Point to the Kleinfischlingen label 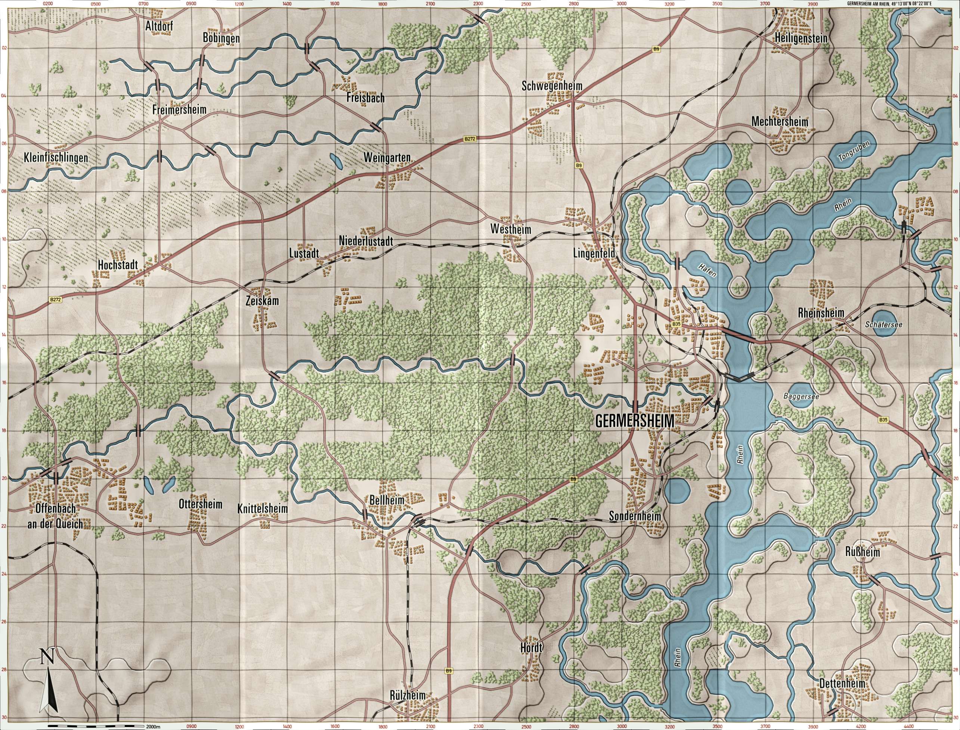(56, 158)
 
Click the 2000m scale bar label (154, 726)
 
